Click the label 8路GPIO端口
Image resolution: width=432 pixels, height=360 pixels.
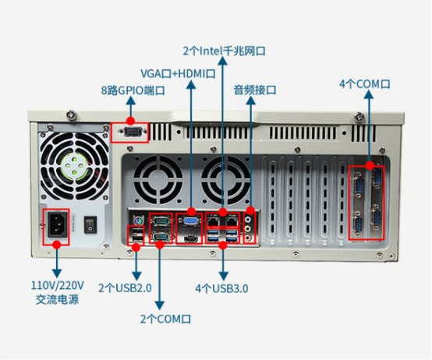133,90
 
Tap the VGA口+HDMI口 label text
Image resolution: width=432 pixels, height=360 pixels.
178,74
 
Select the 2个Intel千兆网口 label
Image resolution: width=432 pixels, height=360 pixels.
224,51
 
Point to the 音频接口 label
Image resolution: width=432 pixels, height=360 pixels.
255,90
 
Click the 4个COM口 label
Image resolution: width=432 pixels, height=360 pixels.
364,84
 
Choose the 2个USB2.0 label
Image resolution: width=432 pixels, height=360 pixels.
125,288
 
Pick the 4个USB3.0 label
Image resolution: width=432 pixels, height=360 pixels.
221,288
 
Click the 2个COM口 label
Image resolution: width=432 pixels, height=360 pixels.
165,319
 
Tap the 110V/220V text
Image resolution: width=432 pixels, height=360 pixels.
57,285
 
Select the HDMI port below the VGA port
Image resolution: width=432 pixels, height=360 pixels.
190,239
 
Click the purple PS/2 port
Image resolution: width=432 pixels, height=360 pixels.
137,221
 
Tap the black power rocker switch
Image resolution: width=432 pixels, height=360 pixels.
90,225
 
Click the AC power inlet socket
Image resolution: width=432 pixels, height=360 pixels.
58,225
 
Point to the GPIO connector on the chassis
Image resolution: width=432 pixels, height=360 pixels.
133,132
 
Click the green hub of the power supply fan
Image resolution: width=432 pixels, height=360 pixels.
74,165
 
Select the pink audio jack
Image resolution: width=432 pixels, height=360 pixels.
248,238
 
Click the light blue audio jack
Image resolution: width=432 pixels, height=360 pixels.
248,220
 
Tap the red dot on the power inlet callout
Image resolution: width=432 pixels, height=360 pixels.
57,245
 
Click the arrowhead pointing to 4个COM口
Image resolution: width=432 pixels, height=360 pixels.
369,95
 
